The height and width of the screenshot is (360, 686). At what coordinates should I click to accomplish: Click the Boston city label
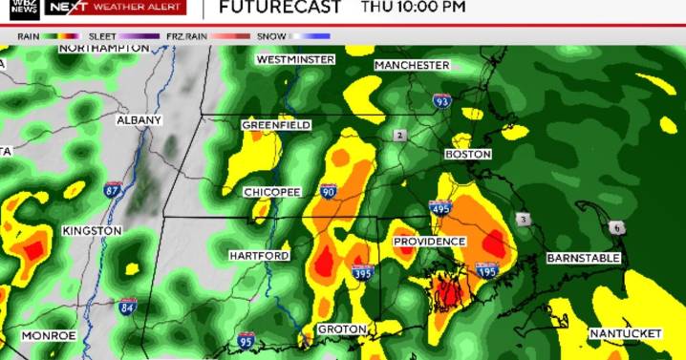pyautogui.click(x=468, y=154)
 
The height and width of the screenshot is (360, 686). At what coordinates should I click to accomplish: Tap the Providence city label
pyautogui.click(x=429, y=242)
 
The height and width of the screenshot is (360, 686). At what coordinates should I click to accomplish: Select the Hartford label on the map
pyautogui.click(x=258, y=256)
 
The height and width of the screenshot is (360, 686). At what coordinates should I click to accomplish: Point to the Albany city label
pyautogui.click(x=139, y=120)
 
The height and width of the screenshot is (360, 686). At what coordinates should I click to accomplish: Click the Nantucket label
pyautogui.click(x=626, y=333)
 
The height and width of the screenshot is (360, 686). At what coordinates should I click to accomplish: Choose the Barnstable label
pyautogui.click(x=584, y=259)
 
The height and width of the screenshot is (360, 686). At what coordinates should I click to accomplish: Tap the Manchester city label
pyautogui.click(x=411, y=65)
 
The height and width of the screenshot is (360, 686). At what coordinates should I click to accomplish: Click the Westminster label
pyautogui.click(x=295, y=59)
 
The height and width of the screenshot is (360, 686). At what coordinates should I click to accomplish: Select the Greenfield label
pyautogui.click(x=275, y=125)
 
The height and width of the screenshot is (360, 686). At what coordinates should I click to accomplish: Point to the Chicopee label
pyautogui.click(x=272, y=192)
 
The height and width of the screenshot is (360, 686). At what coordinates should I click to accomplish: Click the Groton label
pyautogui.click(x=341, y=329)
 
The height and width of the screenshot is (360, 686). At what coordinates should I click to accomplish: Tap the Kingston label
pyautogui.click(x=92, y=231)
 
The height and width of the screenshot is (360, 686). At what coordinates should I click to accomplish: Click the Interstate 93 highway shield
pyautogui.click(x=441, y=100)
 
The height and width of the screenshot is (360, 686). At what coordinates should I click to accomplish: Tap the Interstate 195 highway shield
pyautogui.click(x=487, y=271)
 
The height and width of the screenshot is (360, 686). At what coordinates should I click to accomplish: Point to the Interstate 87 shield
pyautogui.click(x=114, y=190)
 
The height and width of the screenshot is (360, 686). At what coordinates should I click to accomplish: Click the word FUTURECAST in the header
pyautogui.click(x=280, y=9)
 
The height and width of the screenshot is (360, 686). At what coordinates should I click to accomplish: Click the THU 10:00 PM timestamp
pyautogui.click(x=414, y=8)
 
